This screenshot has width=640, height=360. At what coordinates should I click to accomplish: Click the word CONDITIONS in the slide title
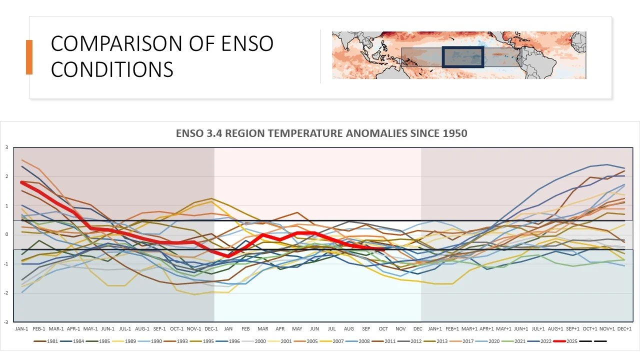[x=112, y=69]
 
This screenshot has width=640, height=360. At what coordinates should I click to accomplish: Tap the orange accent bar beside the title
[x=29, y=57]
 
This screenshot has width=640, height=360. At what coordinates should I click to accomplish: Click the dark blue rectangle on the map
[x=463, y=57]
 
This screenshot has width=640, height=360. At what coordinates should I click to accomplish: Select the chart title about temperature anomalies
[x=321, y=134]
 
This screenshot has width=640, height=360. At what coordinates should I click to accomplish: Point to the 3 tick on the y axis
[x=6, y=147]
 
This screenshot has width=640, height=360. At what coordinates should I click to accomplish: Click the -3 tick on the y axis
[x=6, y=322]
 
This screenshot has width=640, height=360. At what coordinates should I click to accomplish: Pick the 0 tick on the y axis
[x=6, y=235]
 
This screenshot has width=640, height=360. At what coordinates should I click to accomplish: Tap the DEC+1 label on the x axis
[x=624, y=328]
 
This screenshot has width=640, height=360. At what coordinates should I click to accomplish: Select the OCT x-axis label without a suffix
[x=383, y=328]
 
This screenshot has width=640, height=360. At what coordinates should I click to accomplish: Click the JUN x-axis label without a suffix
[x=314, y=328]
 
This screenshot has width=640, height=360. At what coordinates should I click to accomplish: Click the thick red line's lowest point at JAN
[x=228, y=255]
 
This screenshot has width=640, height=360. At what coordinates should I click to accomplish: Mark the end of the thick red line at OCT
[x=383, y=248]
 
